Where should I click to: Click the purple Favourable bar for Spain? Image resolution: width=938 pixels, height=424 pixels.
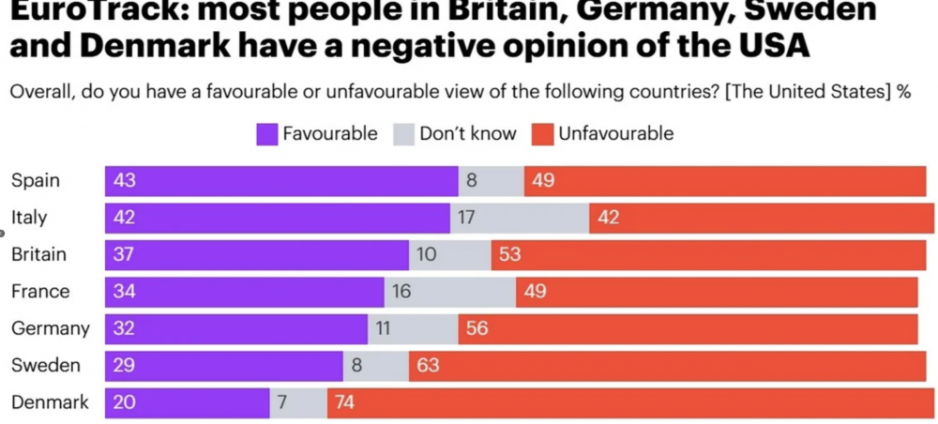[281, 181]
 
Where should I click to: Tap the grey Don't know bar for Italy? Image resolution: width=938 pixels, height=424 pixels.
[520, 218]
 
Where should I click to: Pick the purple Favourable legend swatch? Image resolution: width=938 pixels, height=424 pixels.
[267, 134]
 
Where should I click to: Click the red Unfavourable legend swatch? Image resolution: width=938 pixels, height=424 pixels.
[543, 134]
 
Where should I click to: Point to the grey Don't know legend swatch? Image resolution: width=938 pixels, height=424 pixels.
[404, 134]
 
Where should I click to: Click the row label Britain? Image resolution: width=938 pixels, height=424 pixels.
[38, 254]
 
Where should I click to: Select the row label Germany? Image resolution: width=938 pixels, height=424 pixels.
[51, 328]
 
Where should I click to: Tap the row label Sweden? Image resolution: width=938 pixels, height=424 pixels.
[45, 366]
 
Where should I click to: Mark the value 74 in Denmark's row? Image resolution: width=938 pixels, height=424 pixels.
[346, 403]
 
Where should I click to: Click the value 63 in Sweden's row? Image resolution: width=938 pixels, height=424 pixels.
[428, 366]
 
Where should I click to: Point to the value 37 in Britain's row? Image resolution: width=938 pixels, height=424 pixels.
[124, 255]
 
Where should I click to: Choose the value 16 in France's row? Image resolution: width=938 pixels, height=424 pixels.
[401, 292]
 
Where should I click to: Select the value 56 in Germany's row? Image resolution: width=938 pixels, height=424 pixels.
[477, 329]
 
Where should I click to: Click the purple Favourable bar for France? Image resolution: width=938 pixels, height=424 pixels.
[244, 292]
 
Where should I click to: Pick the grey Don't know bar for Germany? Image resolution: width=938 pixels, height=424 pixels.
[413, 329]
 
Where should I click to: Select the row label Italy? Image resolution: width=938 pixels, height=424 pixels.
[29, 218]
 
